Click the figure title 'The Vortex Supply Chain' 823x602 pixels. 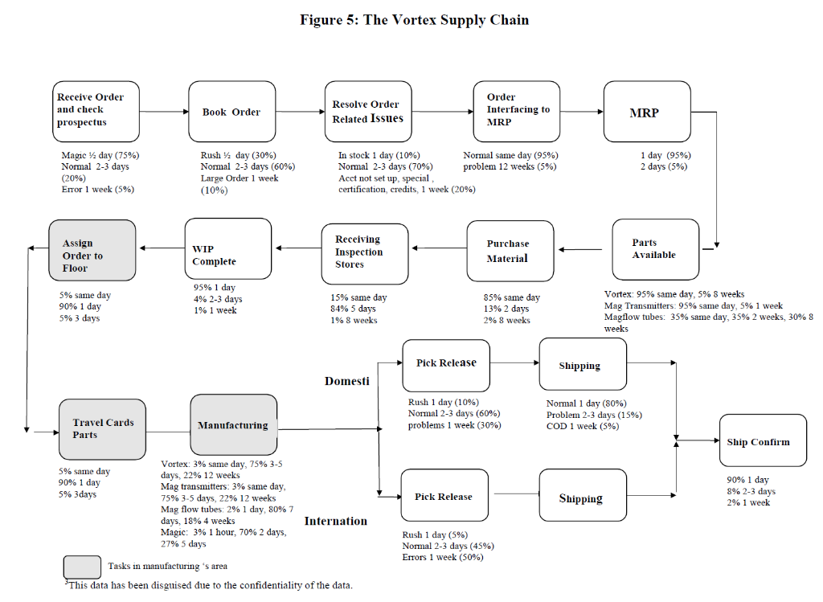[x=446, y=20]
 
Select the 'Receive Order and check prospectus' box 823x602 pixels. [x=96, y=111]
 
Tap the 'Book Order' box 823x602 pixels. [x=231, y=112]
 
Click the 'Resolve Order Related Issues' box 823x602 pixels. [x=368, y=112]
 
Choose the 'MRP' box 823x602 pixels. [x=646, y=113]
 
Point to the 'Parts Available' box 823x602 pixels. [x=654, y=249]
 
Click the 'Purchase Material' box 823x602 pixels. [x=510, y=251]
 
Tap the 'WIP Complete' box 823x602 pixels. [x=227, y=249]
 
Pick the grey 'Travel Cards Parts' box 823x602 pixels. [x=102, y=428]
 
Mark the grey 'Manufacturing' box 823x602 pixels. [x=233, y=424]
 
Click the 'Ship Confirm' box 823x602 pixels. [x=762, y=441]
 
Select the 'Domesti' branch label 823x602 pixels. [x=346, y=381]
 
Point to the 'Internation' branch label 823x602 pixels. [x=335, y=522]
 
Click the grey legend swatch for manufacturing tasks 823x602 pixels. [x=82, y=567]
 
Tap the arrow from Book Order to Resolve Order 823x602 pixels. [x=300, y=112]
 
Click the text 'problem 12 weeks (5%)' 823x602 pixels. [x=510, y=167]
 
